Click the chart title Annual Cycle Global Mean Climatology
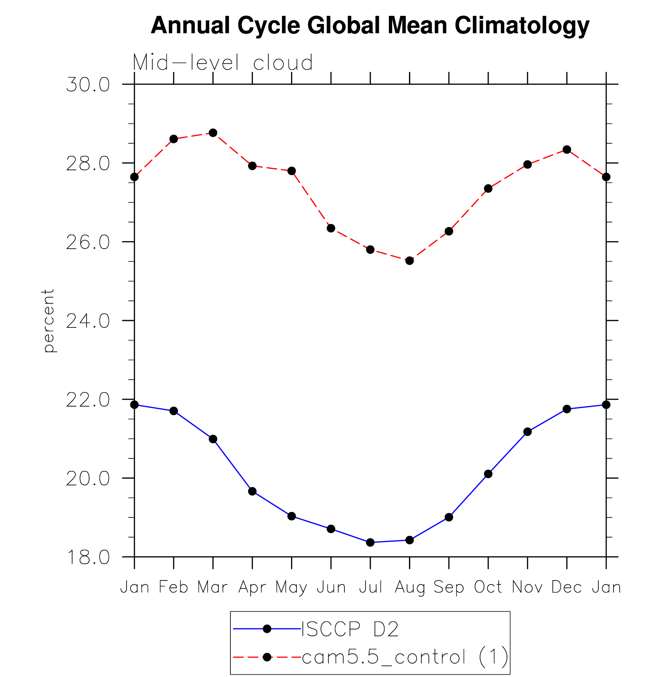(x=370, y=26)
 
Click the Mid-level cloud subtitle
(x=223, y=63)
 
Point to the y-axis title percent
(x=48, y=321)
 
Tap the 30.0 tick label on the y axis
(x=88, y=85)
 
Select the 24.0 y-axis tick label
(x=88, y=321)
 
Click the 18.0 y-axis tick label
(x=88, y=557)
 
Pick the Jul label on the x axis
(x=370, y=587)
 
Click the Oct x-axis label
(x=488, y=587)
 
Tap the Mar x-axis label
(x=213, y=587)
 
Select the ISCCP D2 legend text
(x=350, y=629)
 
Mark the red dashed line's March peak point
(x=213, y=133)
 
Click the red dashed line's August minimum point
(x=410, y=261)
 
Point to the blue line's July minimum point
(x=370, y=542)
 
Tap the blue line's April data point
(x=252, y=491)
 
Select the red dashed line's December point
(x=567, y=150)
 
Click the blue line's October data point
(x=488, y=474)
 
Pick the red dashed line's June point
(x=331, y=228)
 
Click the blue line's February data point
(x=174, y=411)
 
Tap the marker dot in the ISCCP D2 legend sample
(x=267, y=629)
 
